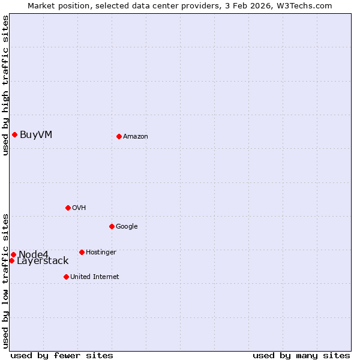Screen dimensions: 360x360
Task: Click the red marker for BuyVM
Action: tap(14, 134)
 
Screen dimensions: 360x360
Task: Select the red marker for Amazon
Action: tap(119, 136)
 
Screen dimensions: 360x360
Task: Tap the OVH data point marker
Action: tap(68, 208)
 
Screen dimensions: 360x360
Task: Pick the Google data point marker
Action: tap(112, 226)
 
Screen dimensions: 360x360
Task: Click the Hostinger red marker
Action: tap(82, 252)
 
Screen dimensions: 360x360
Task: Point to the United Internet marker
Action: tap(66, 277)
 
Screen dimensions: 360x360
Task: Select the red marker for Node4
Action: tap(13, 254)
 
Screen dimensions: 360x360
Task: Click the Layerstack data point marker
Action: tap(11, 260)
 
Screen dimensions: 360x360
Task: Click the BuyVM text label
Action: tap(36, 134)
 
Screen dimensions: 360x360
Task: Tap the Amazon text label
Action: tap(136, 137)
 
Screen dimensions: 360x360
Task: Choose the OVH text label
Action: tap(79, 208)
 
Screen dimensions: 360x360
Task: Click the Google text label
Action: tap(127, 227)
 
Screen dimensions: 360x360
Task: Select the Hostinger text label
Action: tap(101, 253)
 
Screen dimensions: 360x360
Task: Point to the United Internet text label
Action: tap(95, 277)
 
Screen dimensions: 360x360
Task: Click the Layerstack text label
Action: tap(43, 261)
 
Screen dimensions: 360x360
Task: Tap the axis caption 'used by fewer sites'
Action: tap(62, 356)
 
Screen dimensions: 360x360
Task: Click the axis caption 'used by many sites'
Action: tap(301, 356)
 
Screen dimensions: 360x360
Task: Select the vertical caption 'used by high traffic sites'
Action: tap(5, 85)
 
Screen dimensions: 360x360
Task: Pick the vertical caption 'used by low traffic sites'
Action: tap(5, 280)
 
